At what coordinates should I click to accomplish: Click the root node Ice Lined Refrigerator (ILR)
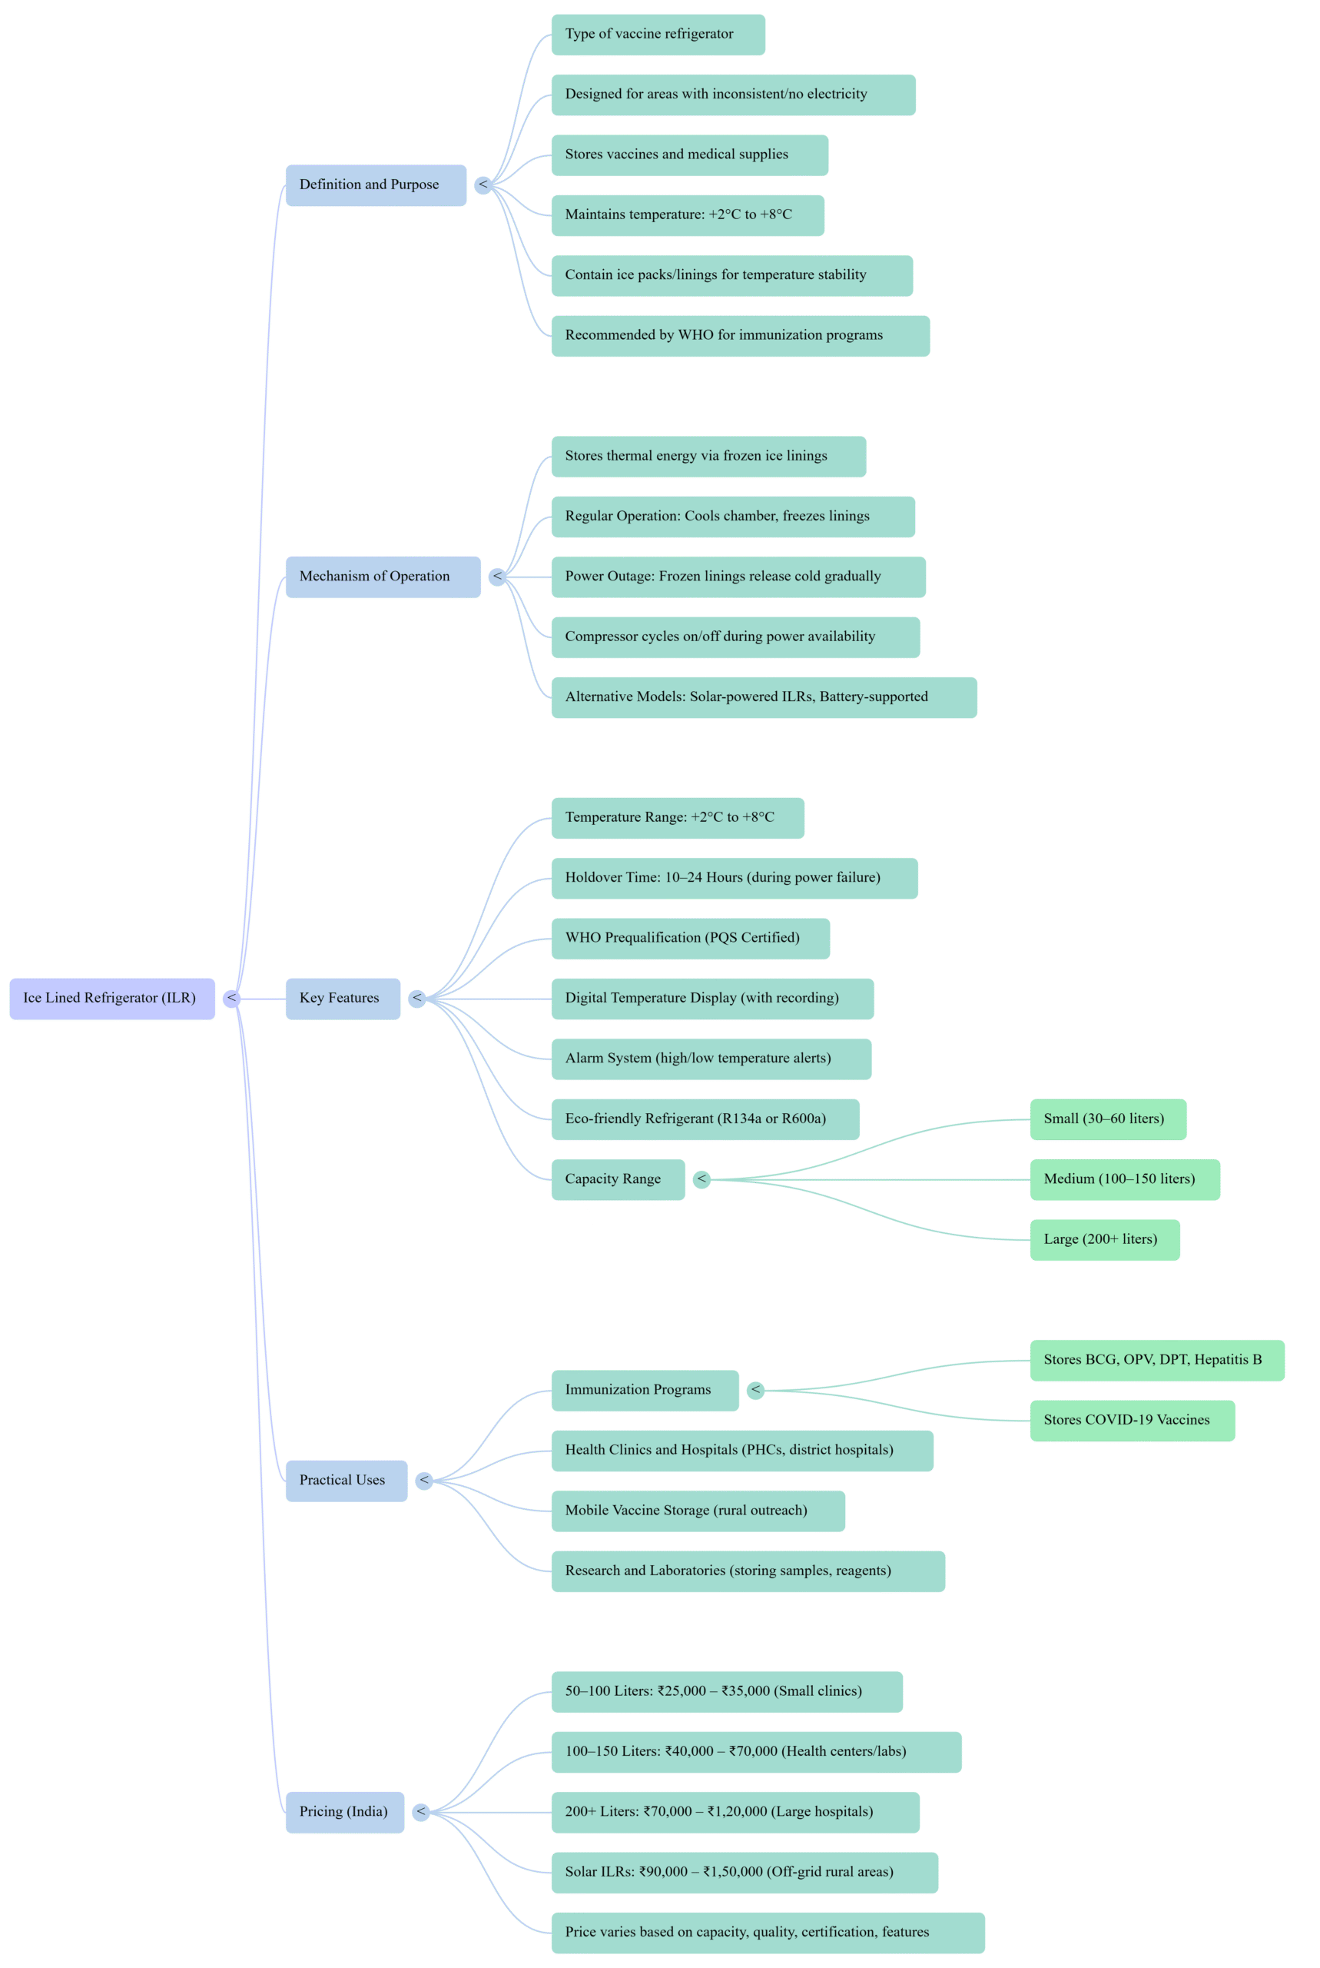tap(112, 998)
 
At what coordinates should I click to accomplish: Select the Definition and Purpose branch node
tap(376, 184)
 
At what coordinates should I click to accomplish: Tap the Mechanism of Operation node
tap(382, 577)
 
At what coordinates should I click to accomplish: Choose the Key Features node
tap(343, 998)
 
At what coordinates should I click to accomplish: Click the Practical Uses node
tap(346, 1481)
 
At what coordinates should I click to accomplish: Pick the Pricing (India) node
tap(344, 1811)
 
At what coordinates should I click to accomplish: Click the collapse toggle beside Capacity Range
tap(702, 1179)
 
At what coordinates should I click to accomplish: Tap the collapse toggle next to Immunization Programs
tap(755, 1389)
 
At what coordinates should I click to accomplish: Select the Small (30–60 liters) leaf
tap(1108, 1119)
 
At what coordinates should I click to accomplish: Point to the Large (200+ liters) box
tap(1105, 1239)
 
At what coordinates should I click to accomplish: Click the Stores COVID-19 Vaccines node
tap(1132, 1420)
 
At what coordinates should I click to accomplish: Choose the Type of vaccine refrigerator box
tap(658, 35)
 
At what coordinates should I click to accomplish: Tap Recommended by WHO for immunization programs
tap(740, 335)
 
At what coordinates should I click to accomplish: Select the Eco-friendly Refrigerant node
tap(705, 1119)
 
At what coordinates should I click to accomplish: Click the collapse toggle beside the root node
tap(231, 998)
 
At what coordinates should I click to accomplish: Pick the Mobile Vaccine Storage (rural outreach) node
tap(698, 1511)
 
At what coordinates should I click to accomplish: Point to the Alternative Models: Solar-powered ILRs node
tap(764, 697)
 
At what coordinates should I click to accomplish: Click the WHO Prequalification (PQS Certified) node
tap(689, 938)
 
